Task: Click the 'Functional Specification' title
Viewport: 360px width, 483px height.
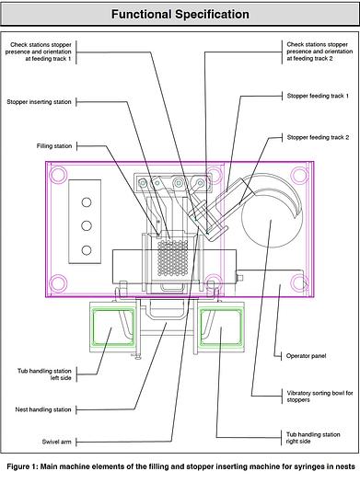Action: coord(180,14)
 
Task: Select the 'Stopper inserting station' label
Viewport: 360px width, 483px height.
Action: coord(40,102)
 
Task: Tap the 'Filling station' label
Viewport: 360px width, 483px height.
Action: coord(54,146)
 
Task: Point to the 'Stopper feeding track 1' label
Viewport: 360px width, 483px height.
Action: coord(318,96)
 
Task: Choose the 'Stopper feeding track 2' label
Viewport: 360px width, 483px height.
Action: coord(318,137)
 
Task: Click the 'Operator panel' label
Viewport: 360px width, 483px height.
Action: coord(306,356)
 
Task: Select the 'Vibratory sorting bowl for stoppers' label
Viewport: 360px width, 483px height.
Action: coord(319,397)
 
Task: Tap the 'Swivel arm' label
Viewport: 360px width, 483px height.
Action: coord(56,442)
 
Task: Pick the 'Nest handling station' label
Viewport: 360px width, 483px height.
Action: coord(43,409)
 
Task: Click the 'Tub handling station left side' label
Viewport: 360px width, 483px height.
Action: coord(44,374)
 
